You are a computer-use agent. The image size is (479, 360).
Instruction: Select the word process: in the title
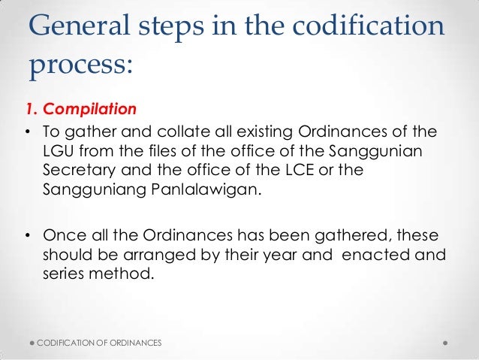[80, 66]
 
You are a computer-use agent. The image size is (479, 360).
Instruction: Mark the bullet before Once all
[27, 232]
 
